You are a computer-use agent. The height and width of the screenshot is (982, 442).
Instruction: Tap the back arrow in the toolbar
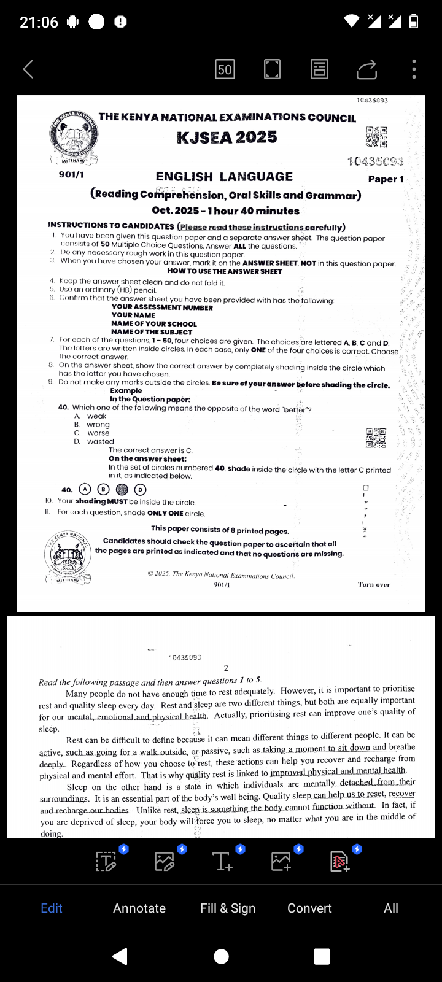click(x=28, y=69)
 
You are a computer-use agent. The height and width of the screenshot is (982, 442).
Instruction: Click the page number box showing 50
click(x=225, y=69)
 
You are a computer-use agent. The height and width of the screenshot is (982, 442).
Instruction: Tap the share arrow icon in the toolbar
click(x=366, y=69)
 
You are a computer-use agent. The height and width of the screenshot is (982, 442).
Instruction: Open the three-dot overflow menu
click(x=414, y=69)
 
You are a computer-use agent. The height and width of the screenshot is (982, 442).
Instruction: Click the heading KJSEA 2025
click(x=227, y=137)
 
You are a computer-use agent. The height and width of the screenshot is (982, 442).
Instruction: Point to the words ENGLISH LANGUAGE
click(x=224, y=177)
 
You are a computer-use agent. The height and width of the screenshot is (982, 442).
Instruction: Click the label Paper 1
click(x=386, y=179)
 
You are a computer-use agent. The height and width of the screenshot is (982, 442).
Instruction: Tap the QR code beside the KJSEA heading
click(x=376, y=137)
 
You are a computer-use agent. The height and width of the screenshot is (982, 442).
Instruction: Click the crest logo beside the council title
click(x=74, y=137)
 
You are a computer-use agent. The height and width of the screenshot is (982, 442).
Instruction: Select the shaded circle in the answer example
click(x=122, y=489)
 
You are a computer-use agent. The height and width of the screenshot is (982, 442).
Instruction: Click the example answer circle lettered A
click(x=85, y=489)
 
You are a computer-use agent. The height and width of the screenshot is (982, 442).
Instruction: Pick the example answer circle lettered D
click(x=141, y=489)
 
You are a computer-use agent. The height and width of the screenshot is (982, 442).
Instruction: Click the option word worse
click(x=98, y=433)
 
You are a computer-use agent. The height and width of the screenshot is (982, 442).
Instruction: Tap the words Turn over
click(x=374, y=585)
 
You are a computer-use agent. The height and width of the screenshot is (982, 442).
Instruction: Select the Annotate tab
click(x=139, y=908)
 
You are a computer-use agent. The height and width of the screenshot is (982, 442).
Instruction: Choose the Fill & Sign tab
click(x=228, y=908)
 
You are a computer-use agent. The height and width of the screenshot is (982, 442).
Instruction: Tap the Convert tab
click(x=309, y=908)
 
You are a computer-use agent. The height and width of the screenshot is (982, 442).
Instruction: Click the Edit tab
click(x=52, y=908)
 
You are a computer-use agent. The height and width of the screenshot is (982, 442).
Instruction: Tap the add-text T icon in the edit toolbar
click(x=222, y=862)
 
